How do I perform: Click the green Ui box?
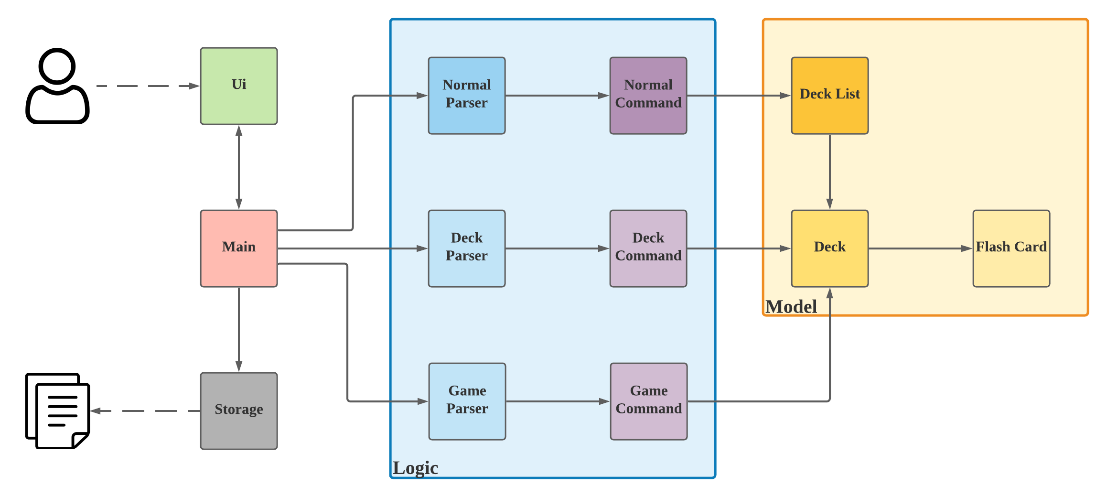(239, 86)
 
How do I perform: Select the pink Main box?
(239, 248)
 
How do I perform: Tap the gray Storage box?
(239, 411)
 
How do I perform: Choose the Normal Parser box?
(467, 96)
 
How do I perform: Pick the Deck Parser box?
(467, 248)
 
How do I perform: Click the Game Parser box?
(467, 401)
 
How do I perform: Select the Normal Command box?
(648, 96)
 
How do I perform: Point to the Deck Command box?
(648, 248)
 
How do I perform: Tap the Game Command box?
(649, 401)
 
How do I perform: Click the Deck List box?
(830, 96)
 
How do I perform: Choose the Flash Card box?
(1011, 248)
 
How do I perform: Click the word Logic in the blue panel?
(415, 468)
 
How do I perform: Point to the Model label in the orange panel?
(791, 307)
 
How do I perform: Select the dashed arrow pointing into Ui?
(148, 86)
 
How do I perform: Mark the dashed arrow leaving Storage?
(143, 411)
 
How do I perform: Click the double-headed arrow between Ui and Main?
(239, 167)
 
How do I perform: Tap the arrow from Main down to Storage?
(239, 330)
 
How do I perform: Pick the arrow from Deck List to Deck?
(830, 172)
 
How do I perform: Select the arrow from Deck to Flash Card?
(920, 248)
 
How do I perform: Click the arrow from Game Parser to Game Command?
(558, 401)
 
